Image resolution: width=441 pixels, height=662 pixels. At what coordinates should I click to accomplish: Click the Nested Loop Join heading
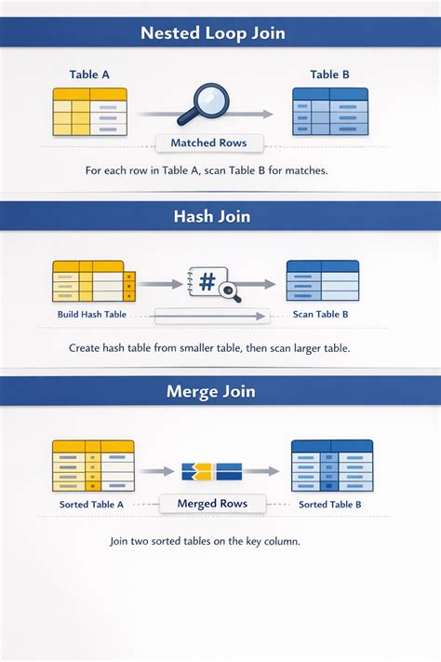213,33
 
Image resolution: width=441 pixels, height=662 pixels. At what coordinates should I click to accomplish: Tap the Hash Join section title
212,216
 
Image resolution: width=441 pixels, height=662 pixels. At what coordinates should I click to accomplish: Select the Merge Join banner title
211,391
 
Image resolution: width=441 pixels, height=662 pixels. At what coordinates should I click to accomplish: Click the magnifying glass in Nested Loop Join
204,104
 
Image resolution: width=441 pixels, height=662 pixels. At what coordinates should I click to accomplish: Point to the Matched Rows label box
209,143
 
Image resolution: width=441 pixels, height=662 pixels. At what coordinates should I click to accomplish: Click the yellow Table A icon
90,112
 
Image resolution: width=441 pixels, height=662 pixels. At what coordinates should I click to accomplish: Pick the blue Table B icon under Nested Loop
330,112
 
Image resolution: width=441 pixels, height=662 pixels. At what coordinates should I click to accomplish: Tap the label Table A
89,74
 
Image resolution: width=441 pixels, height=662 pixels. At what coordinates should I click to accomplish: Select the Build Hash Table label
92,315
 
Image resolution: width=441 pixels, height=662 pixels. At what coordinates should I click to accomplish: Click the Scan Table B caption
321,315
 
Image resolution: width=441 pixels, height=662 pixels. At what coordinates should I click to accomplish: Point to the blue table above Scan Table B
323,281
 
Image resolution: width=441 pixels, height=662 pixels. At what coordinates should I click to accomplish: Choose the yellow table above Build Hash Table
94,281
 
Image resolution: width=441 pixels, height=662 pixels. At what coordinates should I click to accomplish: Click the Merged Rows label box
212,504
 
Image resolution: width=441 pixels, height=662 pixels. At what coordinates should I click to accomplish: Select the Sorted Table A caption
91,505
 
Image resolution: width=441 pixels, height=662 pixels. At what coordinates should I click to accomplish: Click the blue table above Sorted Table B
332,466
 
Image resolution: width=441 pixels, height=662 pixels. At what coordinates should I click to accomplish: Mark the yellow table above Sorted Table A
93,466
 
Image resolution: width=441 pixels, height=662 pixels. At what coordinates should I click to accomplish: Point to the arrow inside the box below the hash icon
211,316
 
